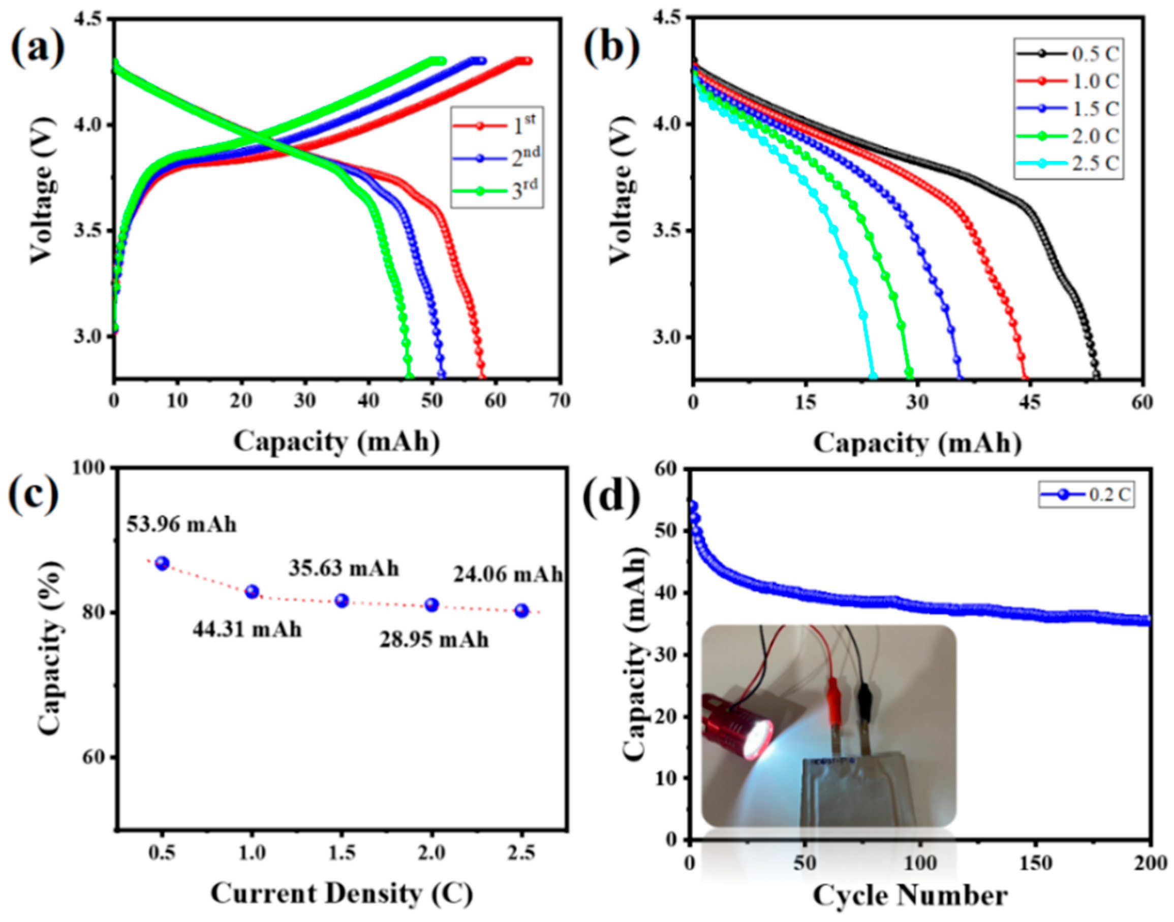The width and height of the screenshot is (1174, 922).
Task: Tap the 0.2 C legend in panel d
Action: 1086,495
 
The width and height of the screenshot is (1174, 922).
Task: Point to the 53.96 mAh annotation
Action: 182,524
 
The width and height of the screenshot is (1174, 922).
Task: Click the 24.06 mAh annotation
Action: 508,575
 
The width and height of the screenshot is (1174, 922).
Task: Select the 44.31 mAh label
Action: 248,629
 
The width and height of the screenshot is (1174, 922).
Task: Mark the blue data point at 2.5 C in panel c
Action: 521,611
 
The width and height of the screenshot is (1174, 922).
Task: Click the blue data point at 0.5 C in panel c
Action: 162,563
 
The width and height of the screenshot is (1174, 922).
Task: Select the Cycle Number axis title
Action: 910,896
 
